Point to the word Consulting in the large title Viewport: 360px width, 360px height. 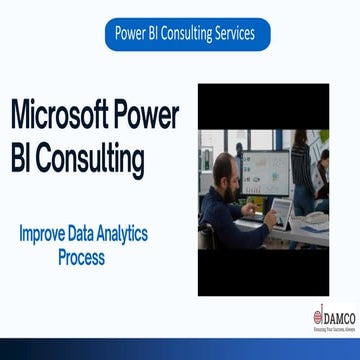94,157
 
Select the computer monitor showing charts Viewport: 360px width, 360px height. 266,172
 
